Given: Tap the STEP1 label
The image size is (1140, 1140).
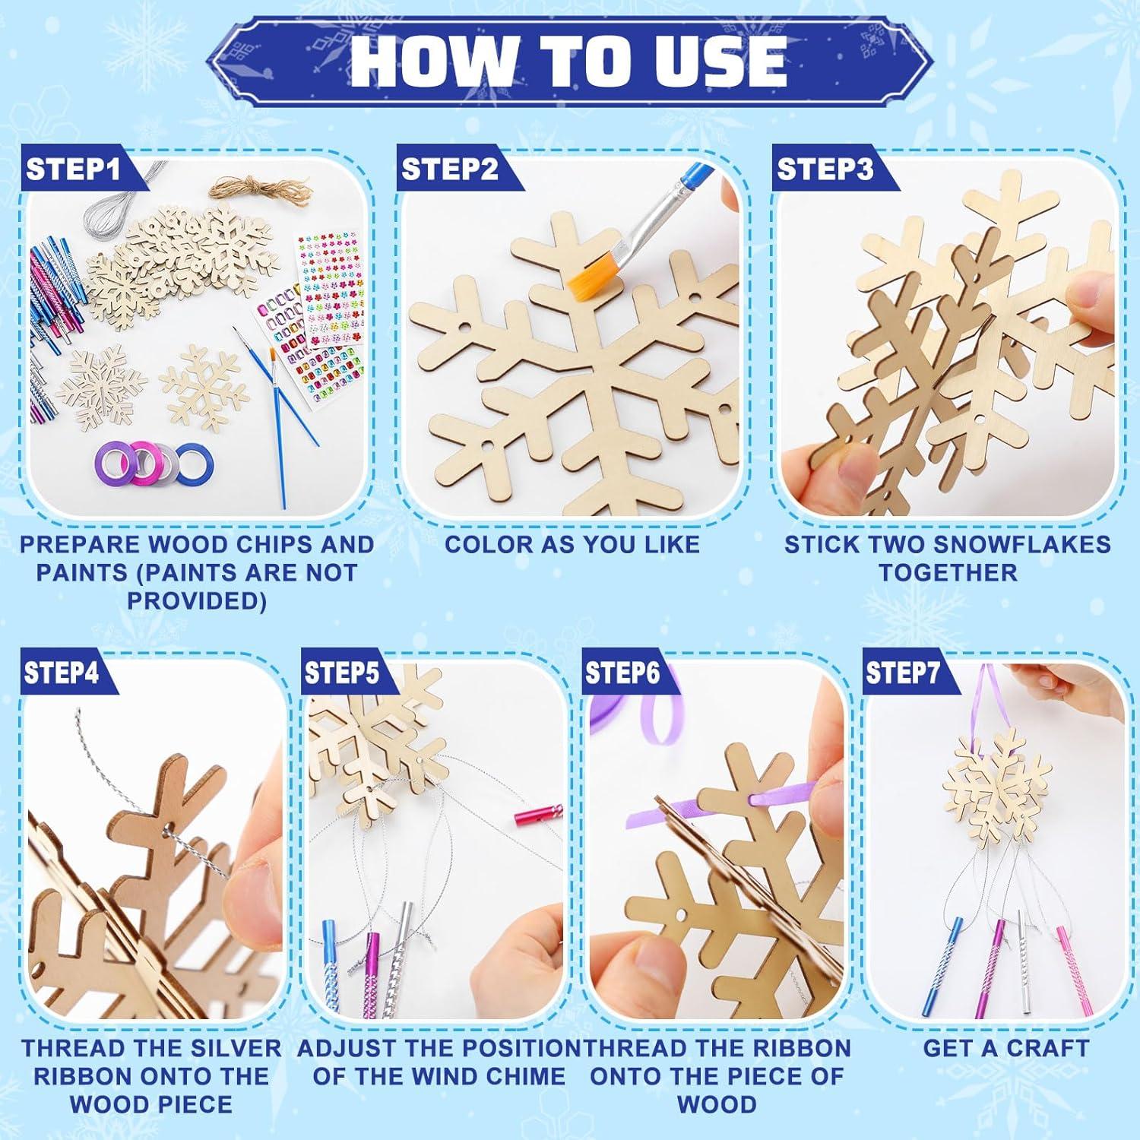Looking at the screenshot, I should click(73, 169).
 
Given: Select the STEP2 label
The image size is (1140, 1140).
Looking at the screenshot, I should click(449, 169).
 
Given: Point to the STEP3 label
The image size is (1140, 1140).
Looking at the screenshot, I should click(825, 169).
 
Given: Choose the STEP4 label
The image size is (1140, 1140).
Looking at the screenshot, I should click(61, 673).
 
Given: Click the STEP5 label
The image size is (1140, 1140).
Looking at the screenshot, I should click(341, 673).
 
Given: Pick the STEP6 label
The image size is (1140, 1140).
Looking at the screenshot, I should click(622, 673).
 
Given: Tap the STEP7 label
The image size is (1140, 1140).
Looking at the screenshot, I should click(903, 673).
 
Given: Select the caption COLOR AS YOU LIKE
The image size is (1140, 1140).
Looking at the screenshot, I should click(572, 544).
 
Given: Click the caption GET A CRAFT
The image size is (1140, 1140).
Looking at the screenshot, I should click(1005, 1048).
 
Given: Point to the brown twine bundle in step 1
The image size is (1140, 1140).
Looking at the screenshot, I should click(261, 187).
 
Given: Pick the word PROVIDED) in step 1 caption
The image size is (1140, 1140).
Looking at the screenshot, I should click(197, 600).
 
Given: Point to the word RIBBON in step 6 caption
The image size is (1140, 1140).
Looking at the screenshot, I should click(802, 1048).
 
